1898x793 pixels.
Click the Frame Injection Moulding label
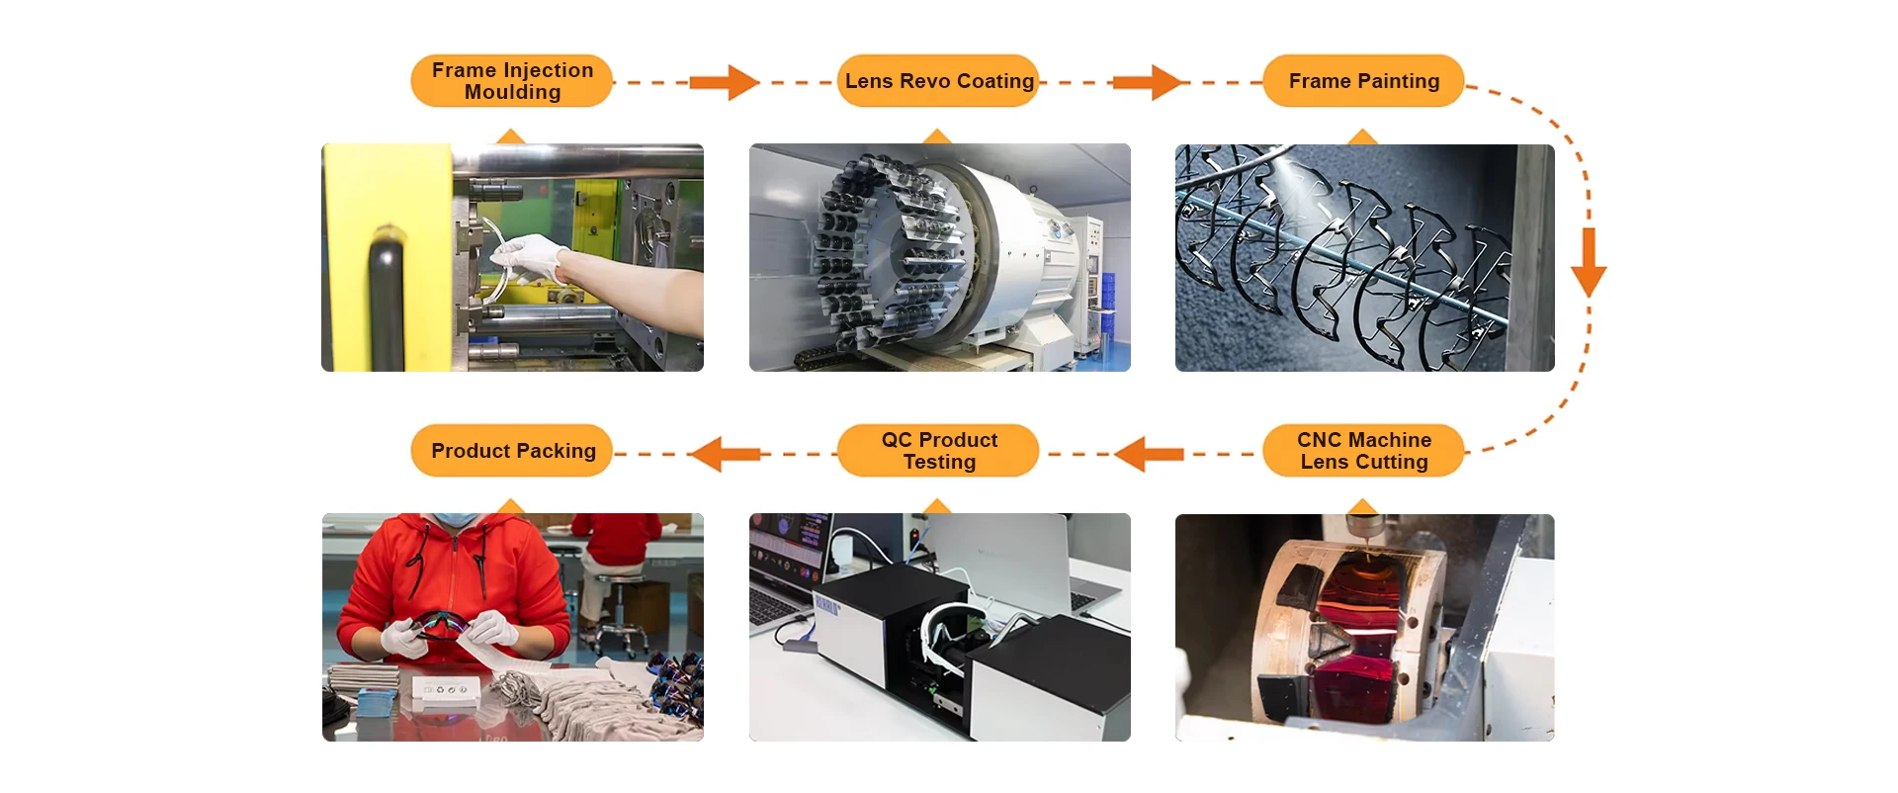click(512, 81)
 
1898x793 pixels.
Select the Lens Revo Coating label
click(938, 81)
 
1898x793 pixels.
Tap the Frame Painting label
click(1363, 81)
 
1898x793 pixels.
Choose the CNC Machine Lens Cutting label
click(1363, 451)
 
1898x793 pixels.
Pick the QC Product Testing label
click(938, 451)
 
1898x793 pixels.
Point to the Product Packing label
click(512, 451)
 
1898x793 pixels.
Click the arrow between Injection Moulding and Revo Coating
click(725, 83)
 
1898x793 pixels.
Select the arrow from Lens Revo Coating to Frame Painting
click(1148, 83)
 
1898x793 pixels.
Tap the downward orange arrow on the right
click(1588, 262)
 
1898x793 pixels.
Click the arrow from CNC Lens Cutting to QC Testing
click(1149, 454)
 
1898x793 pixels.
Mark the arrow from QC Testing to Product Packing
click(725, 454)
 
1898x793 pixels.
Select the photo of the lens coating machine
click(939, 257)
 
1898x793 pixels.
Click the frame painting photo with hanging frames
click(1364, 257)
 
